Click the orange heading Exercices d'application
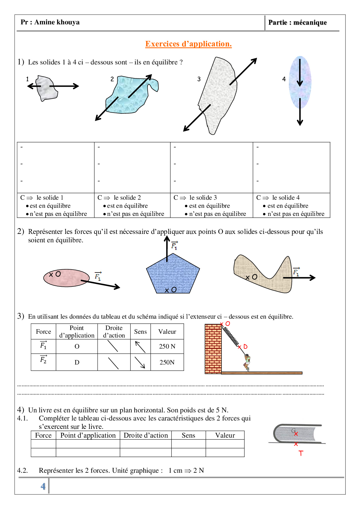188,44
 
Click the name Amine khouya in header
57,22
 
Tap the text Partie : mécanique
297,23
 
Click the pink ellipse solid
66,278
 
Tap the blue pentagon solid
173,274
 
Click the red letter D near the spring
245,347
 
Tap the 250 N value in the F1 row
167,346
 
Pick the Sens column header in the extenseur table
141,332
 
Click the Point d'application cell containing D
77,362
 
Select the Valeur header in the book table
225,435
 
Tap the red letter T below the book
301,453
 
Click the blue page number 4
43,486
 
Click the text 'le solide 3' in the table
203,198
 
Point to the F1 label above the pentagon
174,246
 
